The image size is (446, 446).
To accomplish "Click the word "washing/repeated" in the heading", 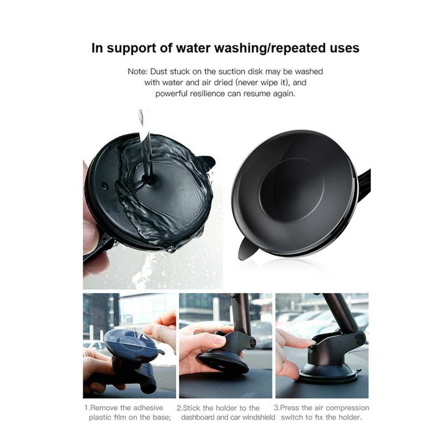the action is [x=270, y=48].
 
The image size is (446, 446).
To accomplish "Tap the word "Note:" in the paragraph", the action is [x=138, y=71].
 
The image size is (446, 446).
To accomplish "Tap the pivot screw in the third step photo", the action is [x=359, y=339].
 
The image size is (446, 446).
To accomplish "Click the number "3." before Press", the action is [x=277, y=408].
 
